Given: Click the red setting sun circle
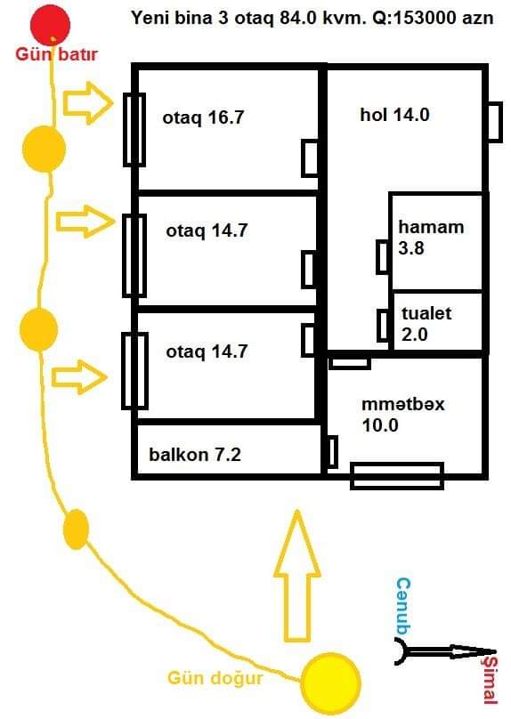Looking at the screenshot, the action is [50, 25].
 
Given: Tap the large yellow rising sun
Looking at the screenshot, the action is [330, 683].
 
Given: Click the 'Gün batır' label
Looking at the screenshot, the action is [56, 54].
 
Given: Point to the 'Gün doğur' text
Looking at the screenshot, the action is [215, 679].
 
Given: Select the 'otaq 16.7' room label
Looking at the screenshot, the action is [203, 117].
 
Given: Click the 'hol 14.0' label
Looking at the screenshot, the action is [394, 115].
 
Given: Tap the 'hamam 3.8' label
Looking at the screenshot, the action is [431, 238].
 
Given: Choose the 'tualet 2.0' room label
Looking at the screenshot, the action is [426, 324].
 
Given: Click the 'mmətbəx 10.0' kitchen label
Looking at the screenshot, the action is [402, 415].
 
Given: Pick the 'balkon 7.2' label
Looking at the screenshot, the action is [195, 455].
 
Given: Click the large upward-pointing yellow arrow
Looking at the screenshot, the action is [296, 576].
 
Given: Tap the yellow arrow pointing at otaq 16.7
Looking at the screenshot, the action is [87, 103].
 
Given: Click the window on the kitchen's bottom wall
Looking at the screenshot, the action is [397, 476].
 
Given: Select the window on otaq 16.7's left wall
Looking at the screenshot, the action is [134, 130].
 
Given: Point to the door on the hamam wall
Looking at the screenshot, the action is [383, 257].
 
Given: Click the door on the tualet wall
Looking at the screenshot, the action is [384, 326].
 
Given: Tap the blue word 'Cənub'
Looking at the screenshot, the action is [403, 607].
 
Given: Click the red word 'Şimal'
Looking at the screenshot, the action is [489, 679].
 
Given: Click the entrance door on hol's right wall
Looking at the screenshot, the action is [493, 122].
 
